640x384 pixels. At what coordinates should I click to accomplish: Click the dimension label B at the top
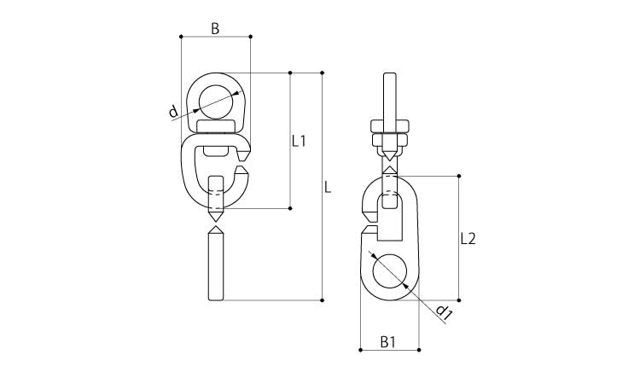215,28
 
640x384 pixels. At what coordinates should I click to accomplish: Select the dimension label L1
299,141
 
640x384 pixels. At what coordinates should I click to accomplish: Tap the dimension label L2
468,238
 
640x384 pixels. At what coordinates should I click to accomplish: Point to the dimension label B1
387,342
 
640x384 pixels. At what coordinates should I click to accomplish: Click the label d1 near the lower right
444,311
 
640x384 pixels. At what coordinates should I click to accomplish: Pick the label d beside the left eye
173,111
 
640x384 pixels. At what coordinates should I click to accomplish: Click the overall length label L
328,188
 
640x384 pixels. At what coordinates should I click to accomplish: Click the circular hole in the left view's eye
216,102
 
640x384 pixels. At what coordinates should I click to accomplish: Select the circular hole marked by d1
389,271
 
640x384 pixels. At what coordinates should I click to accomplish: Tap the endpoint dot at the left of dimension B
181,37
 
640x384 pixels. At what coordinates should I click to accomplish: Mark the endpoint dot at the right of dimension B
250,37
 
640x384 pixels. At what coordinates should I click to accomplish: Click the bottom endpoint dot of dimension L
322,300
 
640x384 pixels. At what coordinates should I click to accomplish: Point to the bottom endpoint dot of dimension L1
290,208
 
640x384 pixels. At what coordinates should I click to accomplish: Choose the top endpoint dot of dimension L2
459,176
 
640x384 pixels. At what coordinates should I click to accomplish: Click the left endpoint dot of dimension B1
360,350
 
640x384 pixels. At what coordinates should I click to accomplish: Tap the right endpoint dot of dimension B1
419,350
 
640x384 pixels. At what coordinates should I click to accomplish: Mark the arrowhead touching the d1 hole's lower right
404,286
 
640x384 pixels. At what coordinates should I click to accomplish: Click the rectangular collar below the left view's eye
216,127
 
